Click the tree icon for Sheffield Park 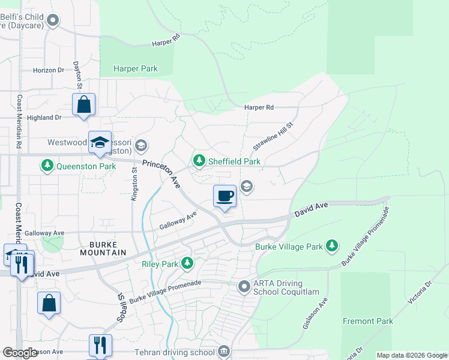click(199, 161)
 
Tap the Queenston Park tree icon click(47, 164)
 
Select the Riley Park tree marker click(188, 263)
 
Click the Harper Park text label click(136, 69)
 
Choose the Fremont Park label click(368, 321)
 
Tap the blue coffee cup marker click(225, 196)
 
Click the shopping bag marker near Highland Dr click(84, 104)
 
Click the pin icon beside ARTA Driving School click(244, 287)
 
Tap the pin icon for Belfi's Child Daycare click(53, 21)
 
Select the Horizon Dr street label click(49, 70)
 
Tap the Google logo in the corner click(20, 352)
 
